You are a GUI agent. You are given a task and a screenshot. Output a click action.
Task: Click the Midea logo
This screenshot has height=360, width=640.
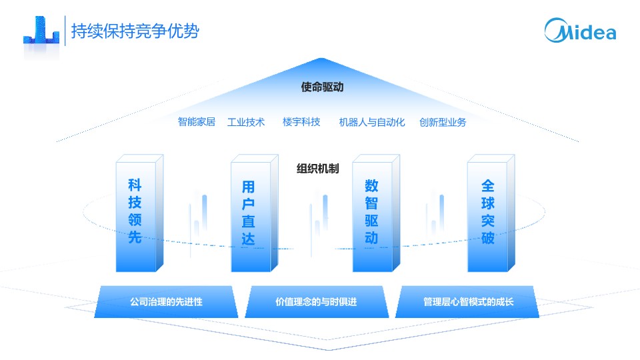point(580,30)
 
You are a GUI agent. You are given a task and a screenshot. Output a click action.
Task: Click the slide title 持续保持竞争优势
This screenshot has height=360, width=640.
point(135,31)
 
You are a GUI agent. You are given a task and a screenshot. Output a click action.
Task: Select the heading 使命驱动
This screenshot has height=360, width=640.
point(322,87)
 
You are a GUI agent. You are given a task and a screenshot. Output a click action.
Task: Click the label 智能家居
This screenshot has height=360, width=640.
point(196,122)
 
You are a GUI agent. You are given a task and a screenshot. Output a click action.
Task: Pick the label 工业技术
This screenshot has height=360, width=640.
point(246,122)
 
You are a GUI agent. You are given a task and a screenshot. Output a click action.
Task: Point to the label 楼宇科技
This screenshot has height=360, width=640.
point(301,122)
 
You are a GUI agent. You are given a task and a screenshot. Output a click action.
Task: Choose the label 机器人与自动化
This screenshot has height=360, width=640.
point(372,122)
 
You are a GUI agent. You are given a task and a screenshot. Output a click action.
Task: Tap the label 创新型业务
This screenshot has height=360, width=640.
point(443,122)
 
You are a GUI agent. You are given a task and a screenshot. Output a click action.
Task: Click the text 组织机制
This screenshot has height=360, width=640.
point(317,169)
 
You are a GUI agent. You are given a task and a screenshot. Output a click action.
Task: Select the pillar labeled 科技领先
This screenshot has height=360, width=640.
point(139,213)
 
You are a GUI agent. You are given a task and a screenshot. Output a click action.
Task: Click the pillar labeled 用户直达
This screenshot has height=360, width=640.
point(252,213)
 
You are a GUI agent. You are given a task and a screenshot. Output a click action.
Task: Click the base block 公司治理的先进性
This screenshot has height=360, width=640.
point(166,302)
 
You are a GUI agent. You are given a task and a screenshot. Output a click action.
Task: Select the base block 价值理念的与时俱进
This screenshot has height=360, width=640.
point(316,302)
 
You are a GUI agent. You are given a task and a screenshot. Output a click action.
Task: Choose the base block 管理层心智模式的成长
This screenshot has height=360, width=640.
point(468,302)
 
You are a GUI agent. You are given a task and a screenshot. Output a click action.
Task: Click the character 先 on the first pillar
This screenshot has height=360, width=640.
point(135,237)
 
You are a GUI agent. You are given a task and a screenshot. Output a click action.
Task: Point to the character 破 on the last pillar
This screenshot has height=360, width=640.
point(487,237)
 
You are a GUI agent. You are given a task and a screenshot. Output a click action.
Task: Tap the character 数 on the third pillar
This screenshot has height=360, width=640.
point(371,186)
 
